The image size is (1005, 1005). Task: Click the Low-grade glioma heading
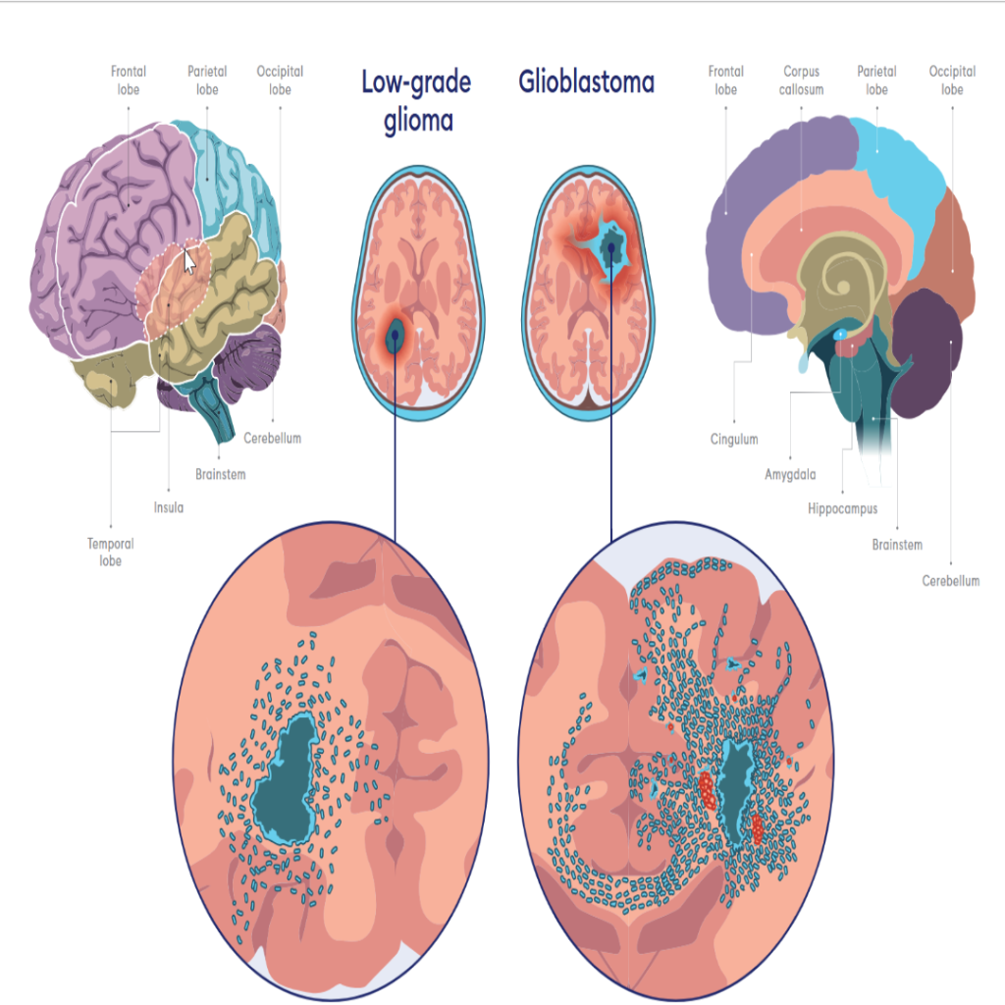[416, 101]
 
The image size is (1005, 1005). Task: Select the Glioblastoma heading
[586, 82]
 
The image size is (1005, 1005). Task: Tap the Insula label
[168, 507]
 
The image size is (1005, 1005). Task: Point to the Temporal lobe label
[110, 552]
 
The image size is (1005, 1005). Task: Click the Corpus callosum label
[803, 80]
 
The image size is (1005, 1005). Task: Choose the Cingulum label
[734, 439]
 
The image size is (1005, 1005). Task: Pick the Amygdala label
[790, 475]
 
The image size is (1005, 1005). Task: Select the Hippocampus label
[842, 509]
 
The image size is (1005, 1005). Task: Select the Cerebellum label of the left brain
[272, 439]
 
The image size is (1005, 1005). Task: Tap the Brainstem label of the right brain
[897, 545]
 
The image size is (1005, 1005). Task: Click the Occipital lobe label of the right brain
[952, 80]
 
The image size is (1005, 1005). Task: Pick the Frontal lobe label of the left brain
[128, 80]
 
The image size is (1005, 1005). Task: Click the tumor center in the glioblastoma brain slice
[612, 245]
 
